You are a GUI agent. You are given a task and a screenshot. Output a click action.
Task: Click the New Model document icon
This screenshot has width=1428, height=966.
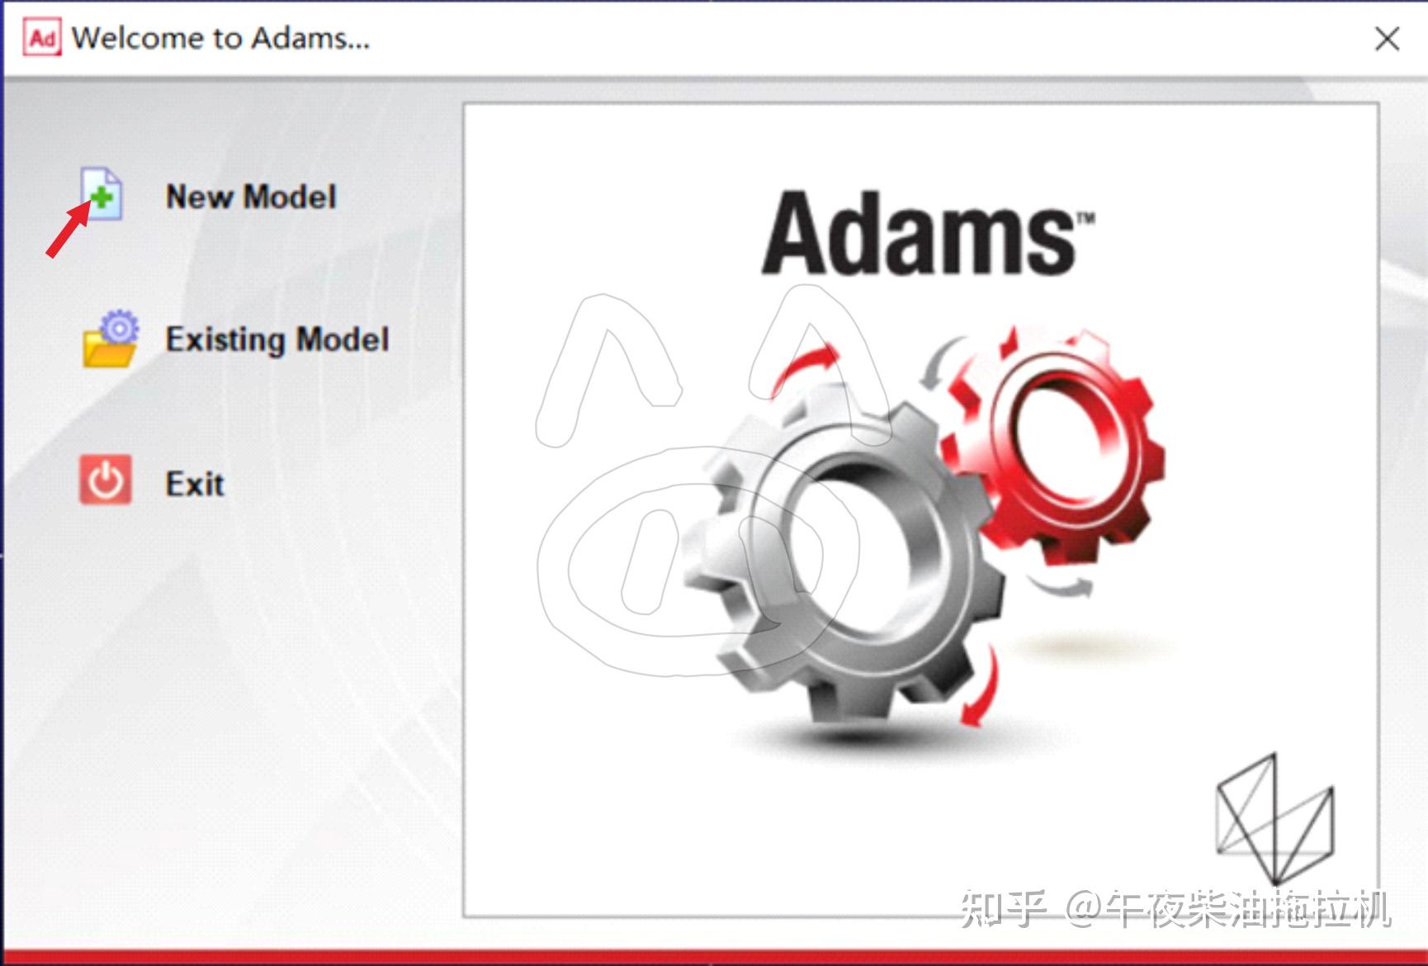point(102,193)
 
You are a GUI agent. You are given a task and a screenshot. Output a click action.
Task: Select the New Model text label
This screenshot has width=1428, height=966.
point(251,197)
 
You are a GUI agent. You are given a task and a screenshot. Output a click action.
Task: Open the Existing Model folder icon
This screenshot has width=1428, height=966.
point(110,339)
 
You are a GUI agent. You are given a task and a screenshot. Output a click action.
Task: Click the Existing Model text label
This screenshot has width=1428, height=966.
point(277,339)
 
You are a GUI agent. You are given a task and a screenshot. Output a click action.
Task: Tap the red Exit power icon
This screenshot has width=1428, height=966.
point(105,480)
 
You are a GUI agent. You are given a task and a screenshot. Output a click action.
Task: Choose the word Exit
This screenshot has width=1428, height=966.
point(195,484)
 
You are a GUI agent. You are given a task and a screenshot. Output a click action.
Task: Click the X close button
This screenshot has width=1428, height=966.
point(1387,39)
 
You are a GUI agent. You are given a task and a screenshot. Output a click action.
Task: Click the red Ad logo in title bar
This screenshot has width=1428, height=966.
point(42,38)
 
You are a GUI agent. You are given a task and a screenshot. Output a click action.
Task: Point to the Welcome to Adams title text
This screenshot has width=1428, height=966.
point(220,38)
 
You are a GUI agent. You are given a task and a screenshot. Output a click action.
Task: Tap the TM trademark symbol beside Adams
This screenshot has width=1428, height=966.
point(1085,218)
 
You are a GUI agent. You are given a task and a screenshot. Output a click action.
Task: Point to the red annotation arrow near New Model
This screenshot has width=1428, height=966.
point(68,231)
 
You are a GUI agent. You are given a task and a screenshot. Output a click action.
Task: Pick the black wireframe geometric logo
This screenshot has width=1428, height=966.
point(1274,817)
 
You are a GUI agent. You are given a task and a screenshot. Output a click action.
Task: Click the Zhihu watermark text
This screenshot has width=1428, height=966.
point(1176,908)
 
